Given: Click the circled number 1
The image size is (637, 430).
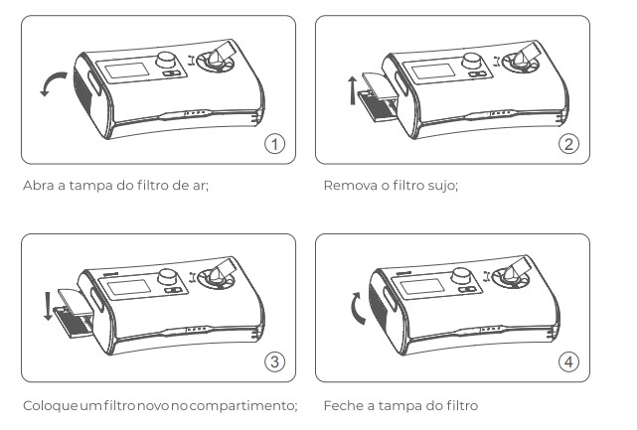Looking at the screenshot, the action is [x=275, y=144].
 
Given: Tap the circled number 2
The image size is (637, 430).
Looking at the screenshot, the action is [x=568, y=144].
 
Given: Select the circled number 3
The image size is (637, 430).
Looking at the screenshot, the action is [x=275, y=361].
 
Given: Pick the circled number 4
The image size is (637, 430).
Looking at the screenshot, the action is [x=568, y=361].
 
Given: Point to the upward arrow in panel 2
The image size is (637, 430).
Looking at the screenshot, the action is [x=353, y=90].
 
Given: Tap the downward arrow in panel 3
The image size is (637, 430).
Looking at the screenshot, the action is [x=49, y=305].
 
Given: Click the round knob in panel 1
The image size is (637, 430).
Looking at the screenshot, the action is [x=166, y=60].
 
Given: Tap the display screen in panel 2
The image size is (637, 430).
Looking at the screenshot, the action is [x=433, y=72].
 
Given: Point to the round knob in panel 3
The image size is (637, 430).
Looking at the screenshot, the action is [x=167, y=277].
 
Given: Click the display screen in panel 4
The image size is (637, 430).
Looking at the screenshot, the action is [x=421, y=287].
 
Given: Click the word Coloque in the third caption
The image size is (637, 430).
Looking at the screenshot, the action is [x=50, y=405].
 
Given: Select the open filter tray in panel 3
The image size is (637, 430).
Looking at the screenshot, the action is [x=74, y=314].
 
